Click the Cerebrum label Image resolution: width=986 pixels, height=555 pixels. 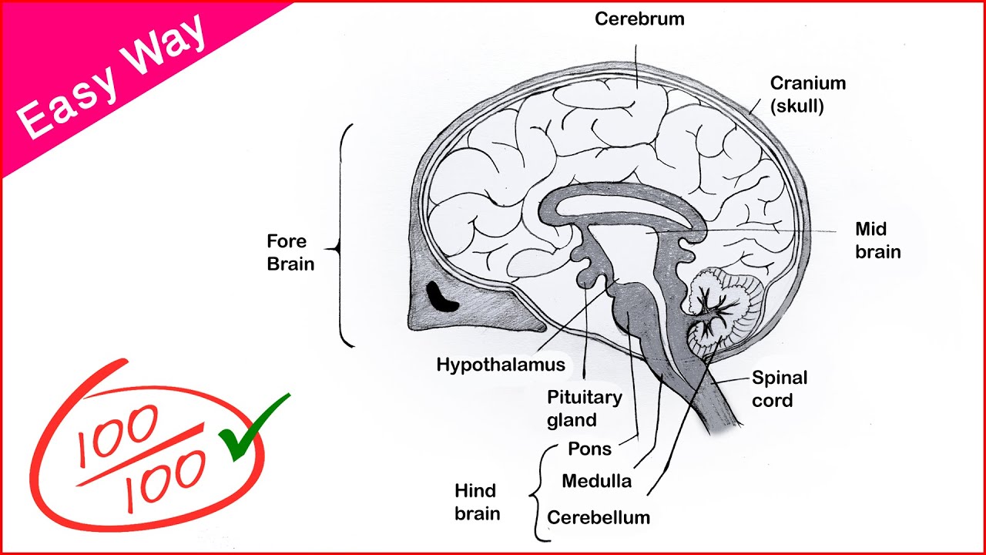click(639, 18)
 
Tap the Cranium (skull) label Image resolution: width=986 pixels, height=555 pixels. click(808, 94)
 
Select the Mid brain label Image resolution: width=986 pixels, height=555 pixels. click(877, 240)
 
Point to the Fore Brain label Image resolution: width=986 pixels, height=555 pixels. click(290, 252)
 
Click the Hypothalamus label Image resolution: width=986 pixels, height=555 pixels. click(501, 365)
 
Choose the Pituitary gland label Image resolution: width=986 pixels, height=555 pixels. click(584, 409)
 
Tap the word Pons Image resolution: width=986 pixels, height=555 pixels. click(589, 449)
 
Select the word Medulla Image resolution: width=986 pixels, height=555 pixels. click(596, 482)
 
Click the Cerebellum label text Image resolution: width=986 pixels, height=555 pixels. click(599, 517)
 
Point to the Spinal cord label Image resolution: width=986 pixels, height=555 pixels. click(780, 388)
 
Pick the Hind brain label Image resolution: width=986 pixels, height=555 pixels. click(476, 502)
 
